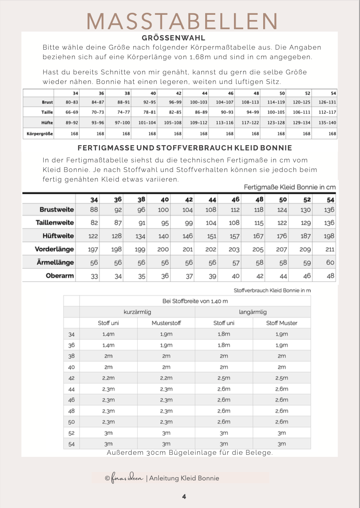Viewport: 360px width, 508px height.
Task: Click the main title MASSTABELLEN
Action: [x=182, y=21]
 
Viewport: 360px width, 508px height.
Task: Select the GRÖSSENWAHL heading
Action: [x=174, y=38]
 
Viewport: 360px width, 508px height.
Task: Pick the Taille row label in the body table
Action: [x=47, y=112]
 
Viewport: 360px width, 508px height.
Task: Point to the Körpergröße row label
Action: [x=40, y=134]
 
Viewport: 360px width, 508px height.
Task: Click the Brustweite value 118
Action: [x=258, y=210]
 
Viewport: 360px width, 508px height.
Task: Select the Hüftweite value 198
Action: [x=329, y=236]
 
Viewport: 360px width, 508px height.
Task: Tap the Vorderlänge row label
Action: [x=54, y=249]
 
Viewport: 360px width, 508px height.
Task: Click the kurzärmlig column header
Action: [x=137, y=312]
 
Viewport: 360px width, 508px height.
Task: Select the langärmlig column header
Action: [x=253, y=312]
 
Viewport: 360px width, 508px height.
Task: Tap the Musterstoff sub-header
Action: [x=166, y=323]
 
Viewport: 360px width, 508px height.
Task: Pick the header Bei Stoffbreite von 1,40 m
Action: [x=195, y=301]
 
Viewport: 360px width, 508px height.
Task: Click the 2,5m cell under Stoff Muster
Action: [x=282, y=378]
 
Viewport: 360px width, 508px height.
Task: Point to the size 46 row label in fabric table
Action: [x=72, y=400]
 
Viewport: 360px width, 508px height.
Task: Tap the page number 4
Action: [x=184, y=497]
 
